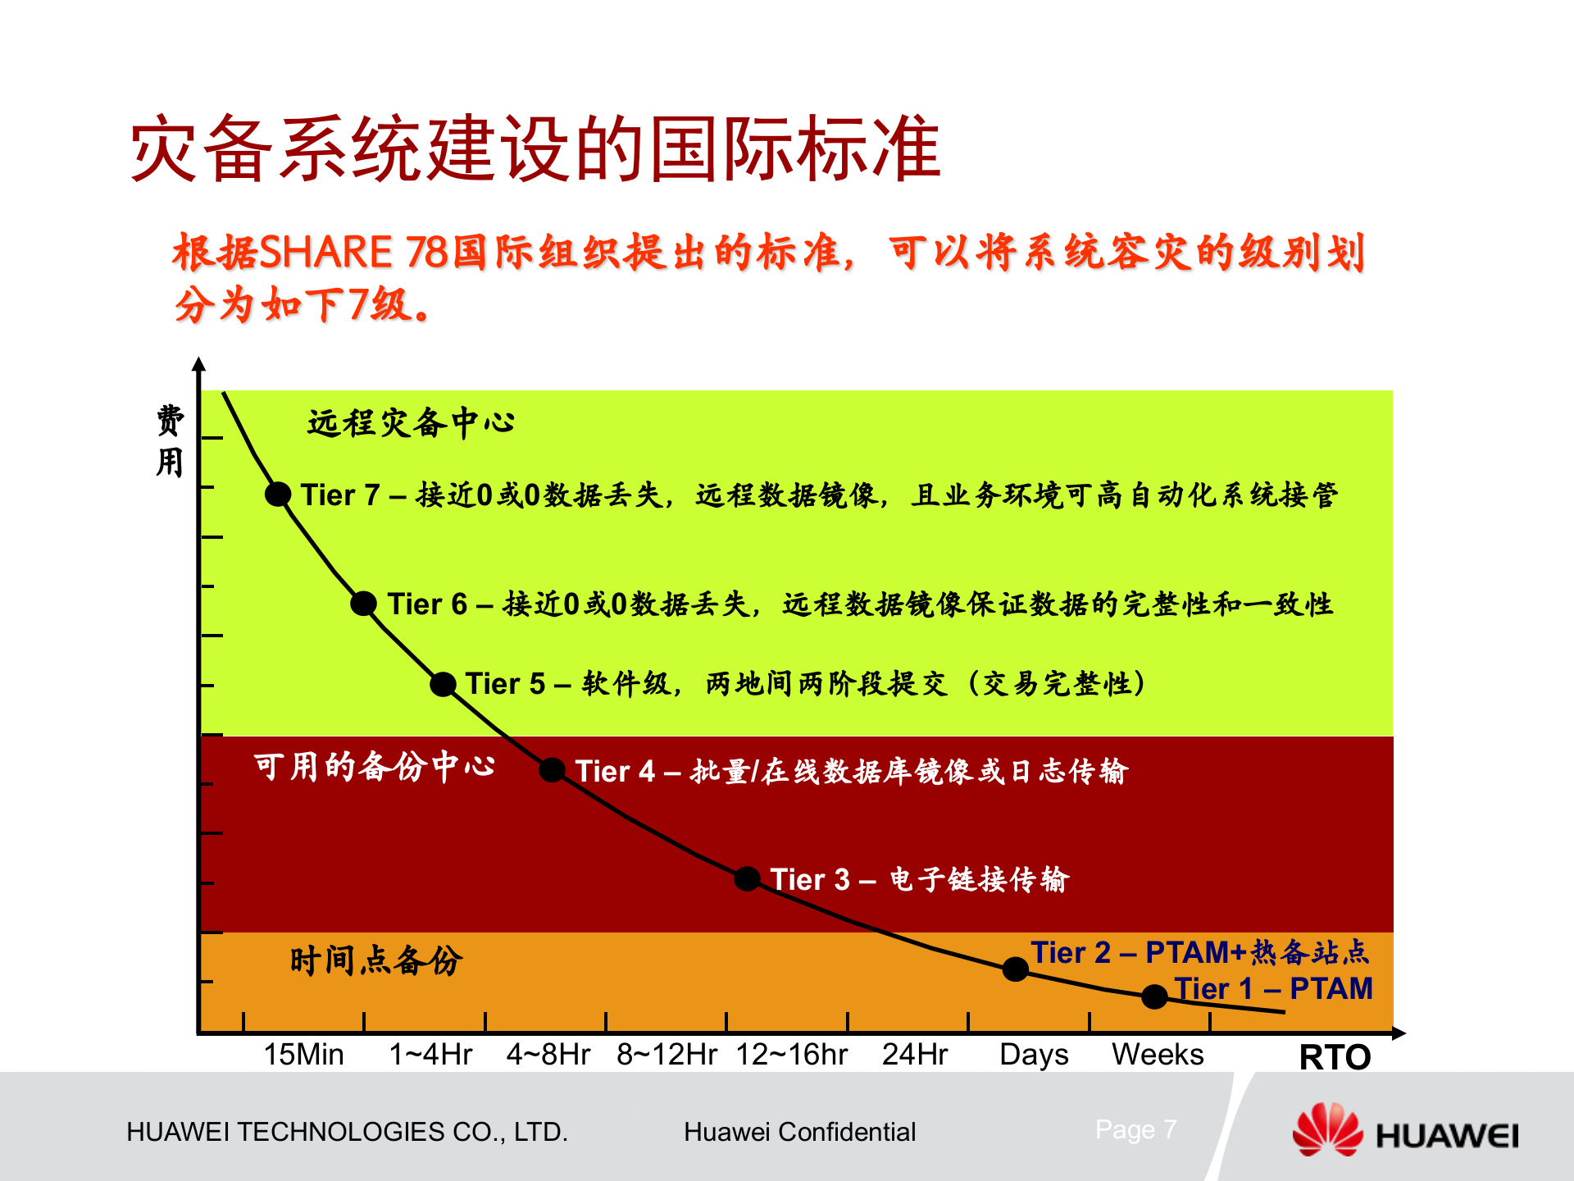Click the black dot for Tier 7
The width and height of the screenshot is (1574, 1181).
[278, 494]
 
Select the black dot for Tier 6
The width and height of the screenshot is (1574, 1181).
[363, 604]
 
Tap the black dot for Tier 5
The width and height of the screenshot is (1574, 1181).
[443, 684]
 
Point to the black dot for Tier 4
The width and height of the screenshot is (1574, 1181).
[552, 770]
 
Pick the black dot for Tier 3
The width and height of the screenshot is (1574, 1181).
[747, 878]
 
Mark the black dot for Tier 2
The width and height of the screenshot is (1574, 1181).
[1015, 969]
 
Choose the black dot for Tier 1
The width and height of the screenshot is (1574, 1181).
[1154, 996]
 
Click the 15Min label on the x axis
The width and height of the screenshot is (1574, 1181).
[303, 1054]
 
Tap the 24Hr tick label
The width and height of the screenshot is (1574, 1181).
[915, 1054]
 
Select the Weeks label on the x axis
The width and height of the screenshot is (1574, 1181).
[1158, 1054]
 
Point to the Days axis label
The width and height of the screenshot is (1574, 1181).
[1034, 1055]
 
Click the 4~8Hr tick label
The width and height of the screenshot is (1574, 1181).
[548, 1054]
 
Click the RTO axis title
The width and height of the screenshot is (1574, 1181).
[1335, 1057]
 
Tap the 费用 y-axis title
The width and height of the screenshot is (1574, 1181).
[170, 441]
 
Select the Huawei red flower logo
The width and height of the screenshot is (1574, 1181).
[1326, 1130]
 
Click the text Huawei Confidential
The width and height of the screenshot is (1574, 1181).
[799, 1132]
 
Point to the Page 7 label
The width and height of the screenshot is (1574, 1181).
[1135, 1129]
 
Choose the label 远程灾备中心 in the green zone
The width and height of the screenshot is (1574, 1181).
[410, 423]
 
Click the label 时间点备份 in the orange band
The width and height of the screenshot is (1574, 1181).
[376, 960]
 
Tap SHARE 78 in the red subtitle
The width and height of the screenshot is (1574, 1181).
[353, 252]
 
